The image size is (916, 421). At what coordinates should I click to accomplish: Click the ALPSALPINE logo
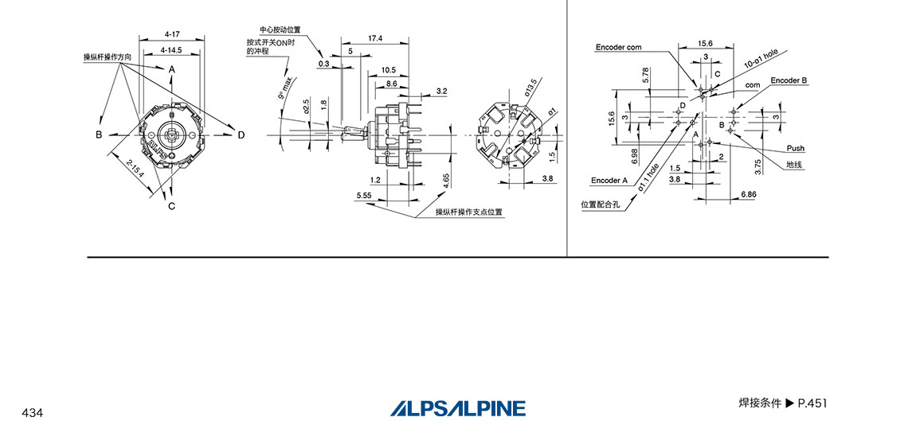pos(458,407)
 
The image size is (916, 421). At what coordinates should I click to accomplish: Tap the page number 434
pos(33,412)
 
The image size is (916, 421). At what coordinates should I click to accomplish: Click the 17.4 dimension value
pos(375,38)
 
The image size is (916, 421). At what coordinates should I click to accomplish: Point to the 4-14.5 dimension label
pos(170,50)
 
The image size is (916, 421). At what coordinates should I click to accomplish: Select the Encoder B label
pos(789,80)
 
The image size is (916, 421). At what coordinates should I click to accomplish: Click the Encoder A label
pos(609,181)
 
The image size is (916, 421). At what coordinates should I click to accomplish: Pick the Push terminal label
pos(796,148)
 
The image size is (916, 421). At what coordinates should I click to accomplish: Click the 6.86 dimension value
pos(749,194)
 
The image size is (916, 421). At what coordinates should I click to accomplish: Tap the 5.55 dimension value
pos(365,195)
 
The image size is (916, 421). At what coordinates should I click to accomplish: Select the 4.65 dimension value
pos(447,179)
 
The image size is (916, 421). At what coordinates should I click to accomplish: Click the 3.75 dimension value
pos(759,166)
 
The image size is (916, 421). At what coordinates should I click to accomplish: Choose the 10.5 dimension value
pos(389,70)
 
